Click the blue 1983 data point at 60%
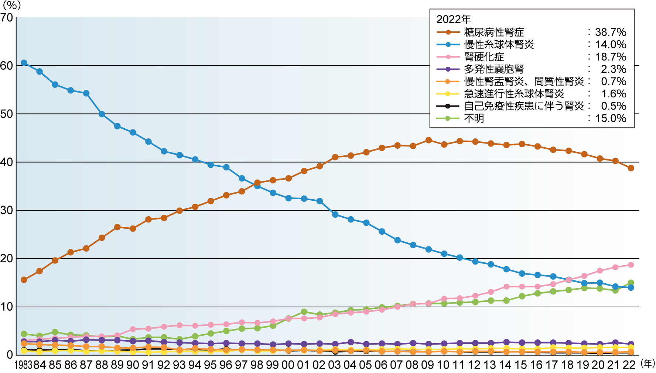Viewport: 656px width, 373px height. tap(24, 63)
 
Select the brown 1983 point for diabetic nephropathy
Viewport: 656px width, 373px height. tap(24, 280)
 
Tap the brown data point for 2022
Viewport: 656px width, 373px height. tap(631, 168)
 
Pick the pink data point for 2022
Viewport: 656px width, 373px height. tap(631, 265)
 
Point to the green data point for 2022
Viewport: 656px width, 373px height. tap(631, 283)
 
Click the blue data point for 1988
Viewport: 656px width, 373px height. tap(102, 114)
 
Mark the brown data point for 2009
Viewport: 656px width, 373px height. tap(428, 140)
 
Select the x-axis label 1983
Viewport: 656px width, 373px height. tap(23, 365)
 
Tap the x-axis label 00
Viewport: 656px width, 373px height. tap(288, 365)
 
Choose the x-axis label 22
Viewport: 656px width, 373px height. tap(629, 365)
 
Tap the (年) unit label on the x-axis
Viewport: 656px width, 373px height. tap(647, 363)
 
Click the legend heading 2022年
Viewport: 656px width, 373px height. tap(454, 19)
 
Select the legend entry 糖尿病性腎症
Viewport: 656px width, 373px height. tap(494, 32)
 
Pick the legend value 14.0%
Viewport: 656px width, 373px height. tap(611, 45)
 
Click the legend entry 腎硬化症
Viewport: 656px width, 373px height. tap(484, 57)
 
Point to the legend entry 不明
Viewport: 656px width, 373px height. tap(474, 118)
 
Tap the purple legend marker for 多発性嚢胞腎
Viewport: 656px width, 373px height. tap(448, 69)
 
